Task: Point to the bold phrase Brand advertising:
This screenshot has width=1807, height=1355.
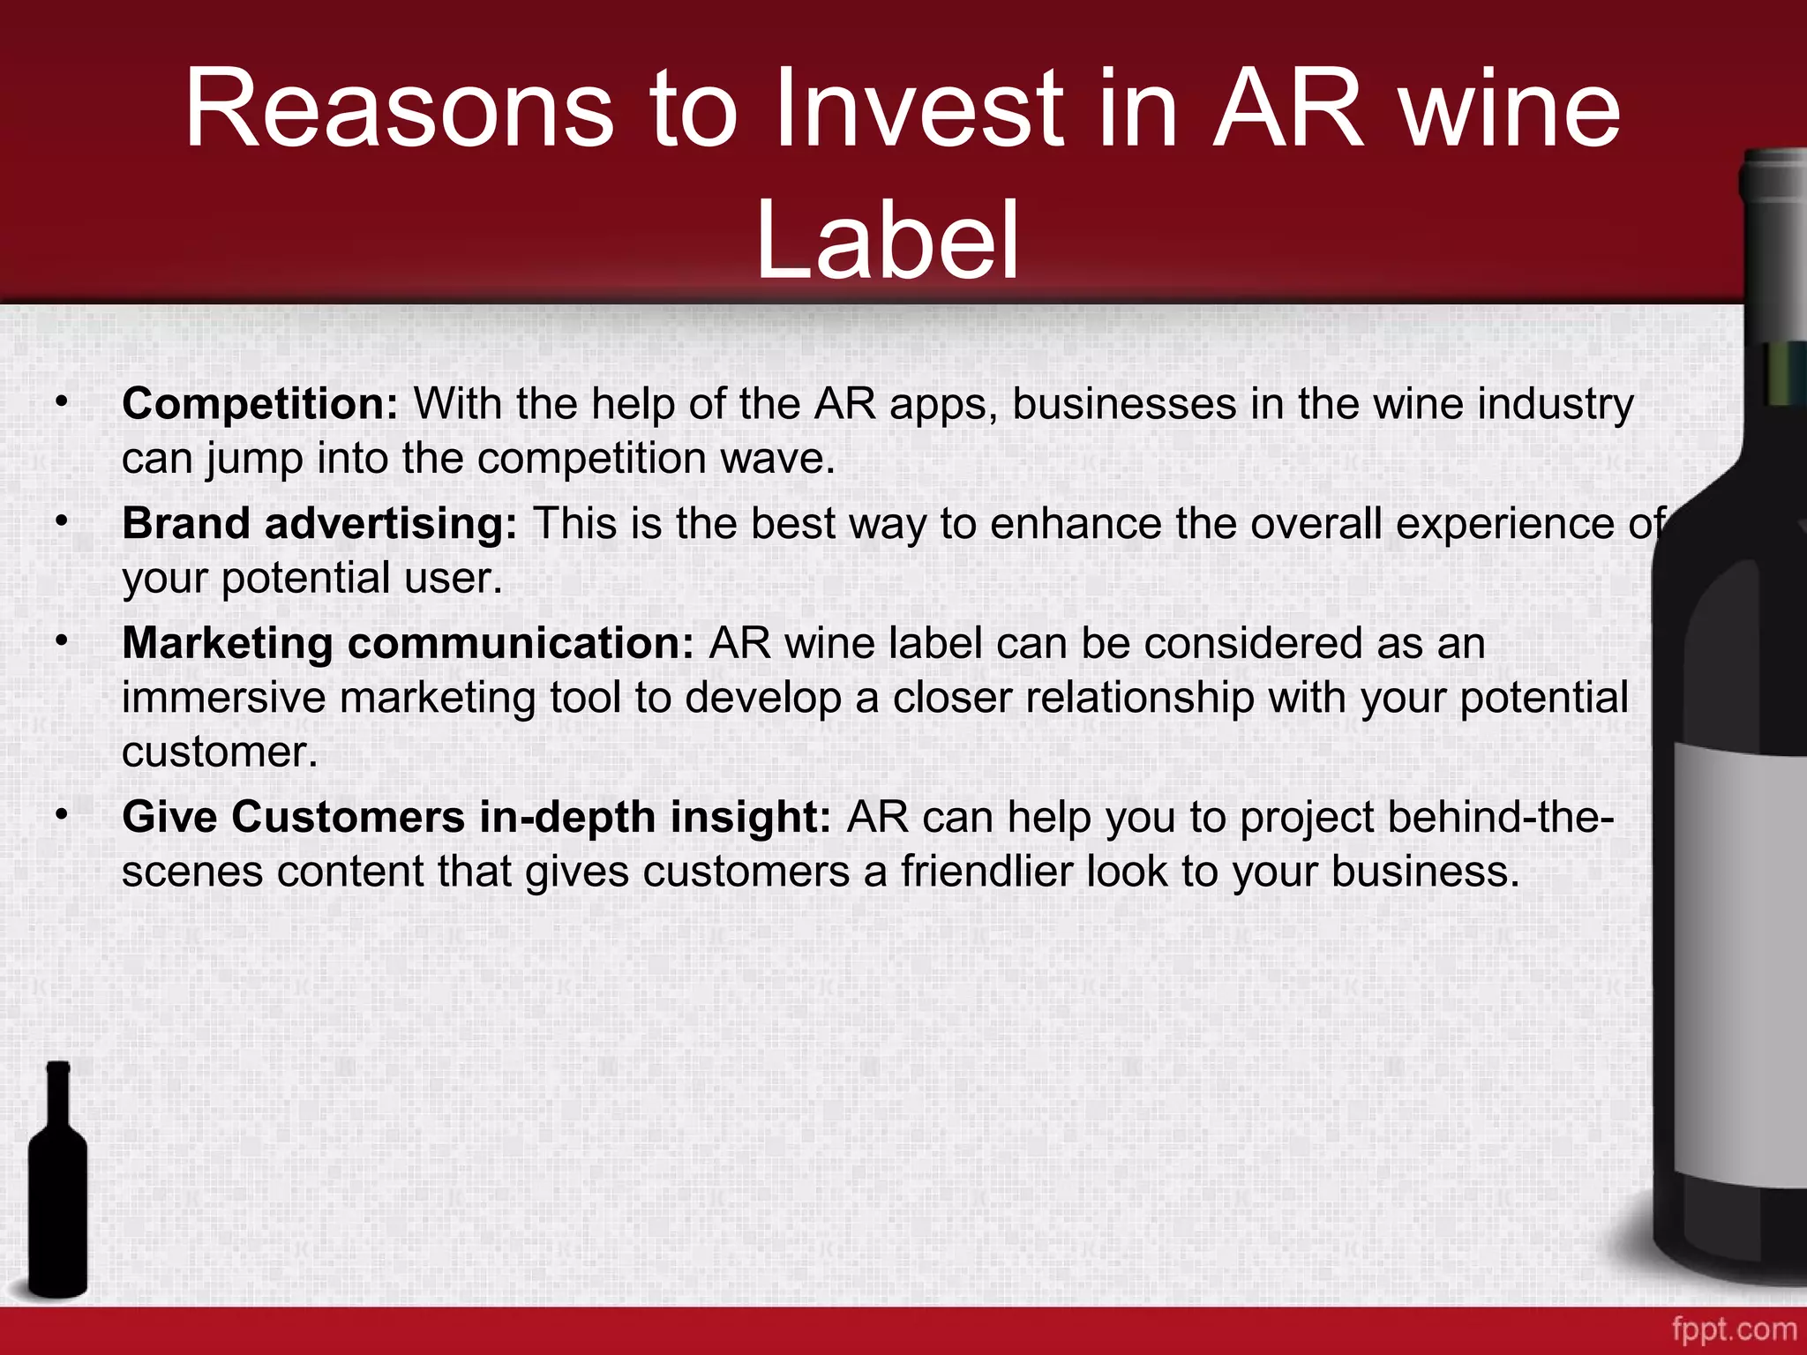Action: (319, 523)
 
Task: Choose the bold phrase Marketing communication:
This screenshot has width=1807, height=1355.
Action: (409, 643)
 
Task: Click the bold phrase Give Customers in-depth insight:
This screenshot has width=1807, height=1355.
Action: (476, 817)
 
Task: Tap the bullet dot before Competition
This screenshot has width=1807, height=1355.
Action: (61, 402)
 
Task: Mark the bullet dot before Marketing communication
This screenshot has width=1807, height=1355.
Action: (61, 641)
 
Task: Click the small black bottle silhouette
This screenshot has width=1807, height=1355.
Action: (58, 1182)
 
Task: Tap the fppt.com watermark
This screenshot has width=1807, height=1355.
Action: (1733, 1329)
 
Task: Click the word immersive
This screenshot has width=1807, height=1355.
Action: (224, 698)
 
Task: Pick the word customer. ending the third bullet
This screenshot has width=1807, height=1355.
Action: (219, 752)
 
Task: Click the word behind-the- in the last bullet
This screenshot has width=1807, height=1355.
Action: (1500, 817)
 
